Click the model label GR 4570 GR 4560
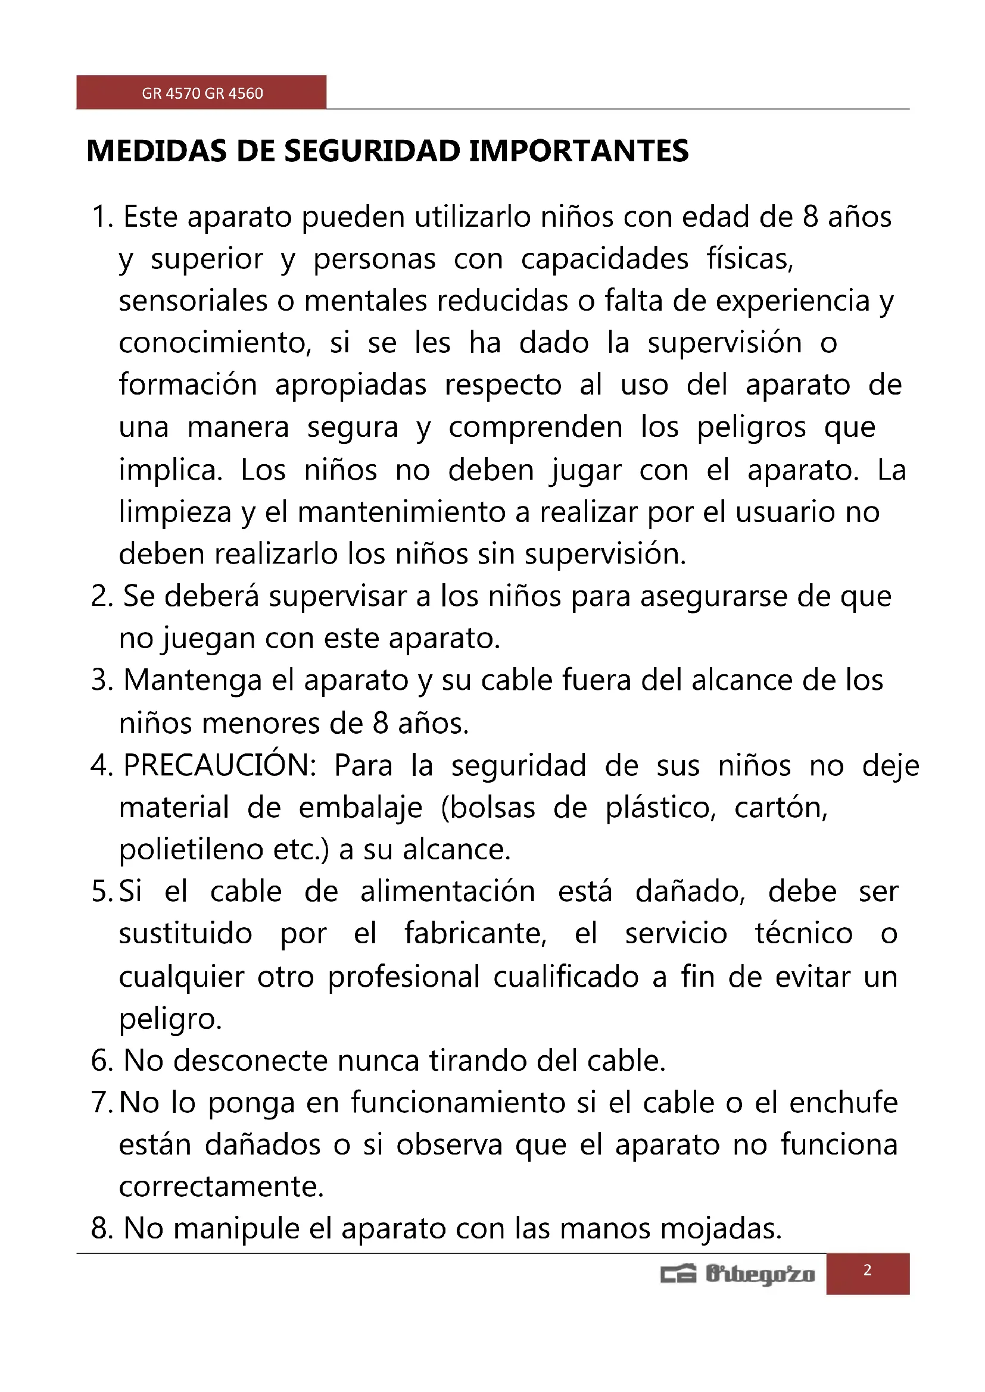click(x=202, y=93)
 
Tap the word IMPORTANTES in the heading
click(x=579, y=151)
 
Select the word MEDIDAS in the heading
click(x=157, y=151)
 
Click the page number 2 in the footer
click(x=867, y=1270)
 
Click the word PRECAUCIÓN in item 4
click(x=220, y=765)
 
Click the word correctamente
click(x=222, y=1187)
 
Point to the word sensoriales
click(x=193, y=301)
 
